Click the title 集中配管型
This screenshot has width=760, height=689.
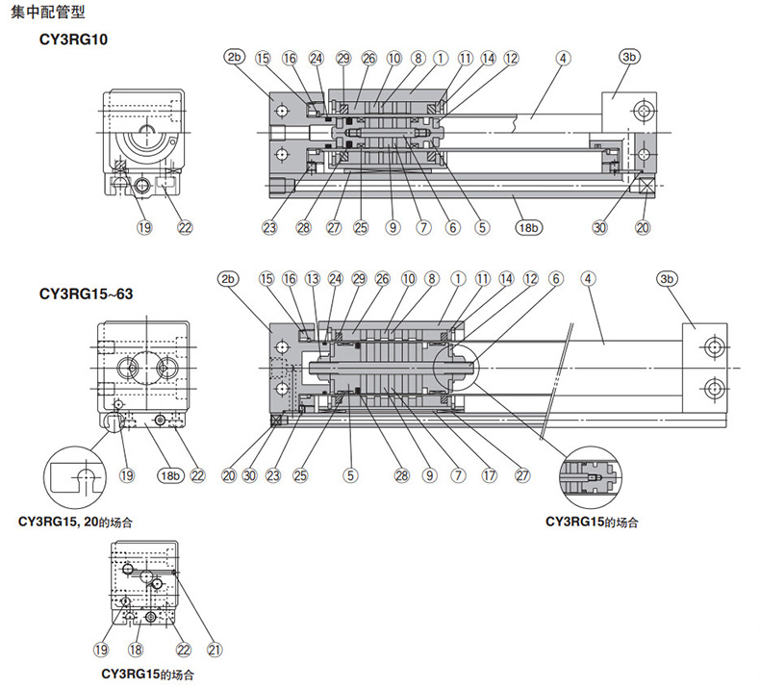click(47, 12)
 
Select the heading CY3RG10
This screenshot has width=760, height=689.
click(73, 39)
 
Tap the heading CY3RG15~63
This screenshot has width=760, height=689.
click(86, 293)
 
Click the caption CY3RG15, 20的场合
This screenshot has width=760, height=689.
click(75, 523)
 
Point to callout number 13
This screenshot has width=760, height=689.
click(313, 279)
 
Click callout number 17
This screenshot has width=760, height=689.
click(489, 475)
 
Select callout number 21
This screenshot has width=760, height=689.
click(215, 650)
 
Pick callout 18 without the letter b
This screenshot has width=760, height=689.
click(136, 650)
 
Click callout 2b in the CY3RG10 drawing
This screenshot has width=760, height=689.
click(235, 57)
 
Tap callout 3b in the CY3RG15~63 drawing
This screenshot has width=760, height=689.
click(667, 279)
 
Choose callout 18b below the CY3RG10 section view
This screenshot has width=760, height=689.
click(528, 227)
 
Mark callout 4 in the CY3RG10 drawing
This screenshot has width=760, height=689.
click(563, 58)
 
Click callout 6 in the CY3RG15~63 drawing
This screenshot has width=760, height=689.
click(556, 279)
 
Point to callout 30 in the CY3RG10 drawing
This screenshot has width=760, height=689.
click(599, 227)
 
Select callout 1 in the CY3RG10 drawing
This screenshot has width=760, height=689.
click(441, 58)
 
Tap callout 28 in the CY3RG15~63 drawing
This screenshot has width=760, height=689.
click(402, 475)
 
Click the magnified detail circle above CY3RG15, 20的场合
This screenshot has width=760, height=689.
click(75, 477)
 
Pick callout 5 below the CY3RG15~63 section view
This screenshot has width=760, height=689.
click(350, 475)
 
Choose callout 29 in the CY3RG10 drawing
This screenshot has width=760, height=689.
click(343, 58)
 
